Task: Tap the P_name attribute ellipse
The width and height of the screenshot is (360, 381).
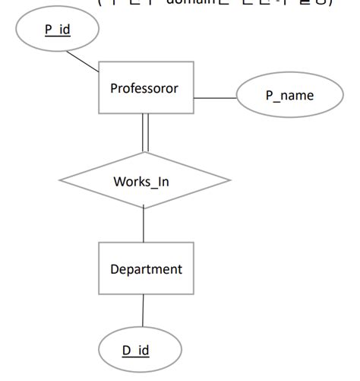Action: click(x=289, y=96)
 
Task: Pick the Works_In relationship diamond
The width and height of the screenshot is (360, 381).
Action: click(x=144, y=181)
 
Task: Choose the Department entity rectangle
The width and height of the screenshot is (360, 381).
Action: click(x=146, y=268)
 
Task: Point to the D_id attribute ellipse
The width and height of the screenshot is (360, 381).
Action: click(x=141, y=351)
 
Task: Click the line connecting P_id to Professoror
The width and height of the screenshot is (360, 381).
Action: click(x=83, y=62)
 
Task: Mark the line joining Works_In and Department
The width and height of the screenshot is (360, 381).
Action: click(x=144, y=224)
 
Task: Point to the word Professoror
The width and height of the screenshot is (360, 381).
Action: click(x=144, y=88)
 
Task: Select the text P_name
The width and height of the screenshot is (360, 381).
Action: click(x=289, y=96)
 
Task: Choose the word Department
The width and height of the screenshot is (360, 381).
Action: click(x=146, y=269)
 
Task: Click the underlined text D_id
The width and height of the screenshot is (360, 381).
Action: click(x=136, y=351)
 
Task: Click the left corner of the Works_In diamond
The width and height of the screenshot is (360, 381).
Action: click(x=61, y=181)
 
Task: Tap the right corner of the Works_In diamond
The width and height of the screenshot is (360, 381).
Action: click(x=229, y=181)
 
